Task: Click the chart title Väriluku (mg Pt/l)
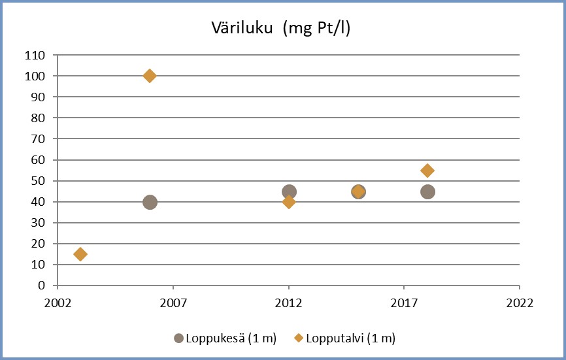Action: [281, 28]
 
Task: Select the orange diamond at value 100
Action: [150, 76]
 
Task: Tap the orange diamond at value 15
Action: [80, 254]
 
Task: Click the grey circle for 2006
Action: [150, 202]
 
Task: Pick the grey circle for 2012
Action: [289, 192]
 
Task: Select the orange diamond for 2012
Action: [289, 202]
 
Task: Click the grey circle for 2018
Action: [427, 192]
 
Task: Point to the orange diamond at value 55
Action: [427, 171]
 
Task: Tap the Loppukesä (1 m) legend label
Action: [231, 338]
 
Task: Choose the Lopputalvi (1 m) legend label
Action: [350, 338]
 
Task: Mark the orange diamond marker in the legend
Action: [297, 338]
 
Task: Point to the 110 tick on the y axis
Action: [35, 56]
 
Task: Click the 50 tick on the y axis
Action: [38, 181]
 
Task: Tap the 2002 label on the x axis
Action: [58, 304]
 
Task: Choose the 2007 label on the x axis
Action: [173, 304]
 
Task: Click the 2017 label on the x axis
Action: [404, 304]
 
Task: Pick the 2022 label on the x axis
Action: [519, 304]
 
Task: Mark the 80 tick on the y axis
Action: [38, 118]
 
